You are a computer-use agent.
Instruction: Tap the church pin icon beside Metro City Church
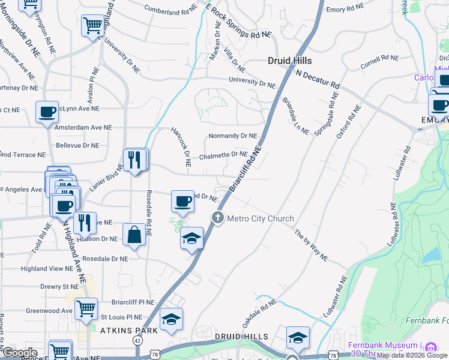[218, 218]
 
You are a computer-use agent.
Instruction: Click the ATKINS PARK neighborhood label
[128, 331]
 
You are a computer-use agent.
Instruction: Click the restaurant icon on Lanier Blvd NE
[135, 160]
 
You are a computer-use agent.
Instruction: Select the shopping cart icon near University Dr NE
[93, 25]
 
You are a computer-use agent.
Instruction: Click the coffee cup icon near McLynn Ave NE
[47, 112]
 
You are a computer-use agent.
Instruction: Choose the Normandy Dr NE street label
[232, 136]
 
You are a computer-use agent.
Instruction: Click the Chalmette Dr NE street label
[223, 155]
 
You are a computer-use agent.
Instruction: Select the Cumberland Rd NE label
[170, 10]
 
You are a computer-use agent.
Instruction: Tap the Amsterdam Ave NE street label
[83, 127]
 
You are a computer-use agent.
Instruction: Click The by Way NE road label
[311, 244]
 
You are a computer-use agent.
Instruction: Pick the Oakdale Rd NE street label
[259, 311]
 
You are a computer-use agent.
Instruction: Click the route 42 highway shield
[137, 340]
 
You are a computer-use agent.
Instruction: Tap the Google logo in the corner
[20, 353]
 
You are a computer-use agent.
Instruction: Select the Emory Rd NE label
[345, 8]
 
